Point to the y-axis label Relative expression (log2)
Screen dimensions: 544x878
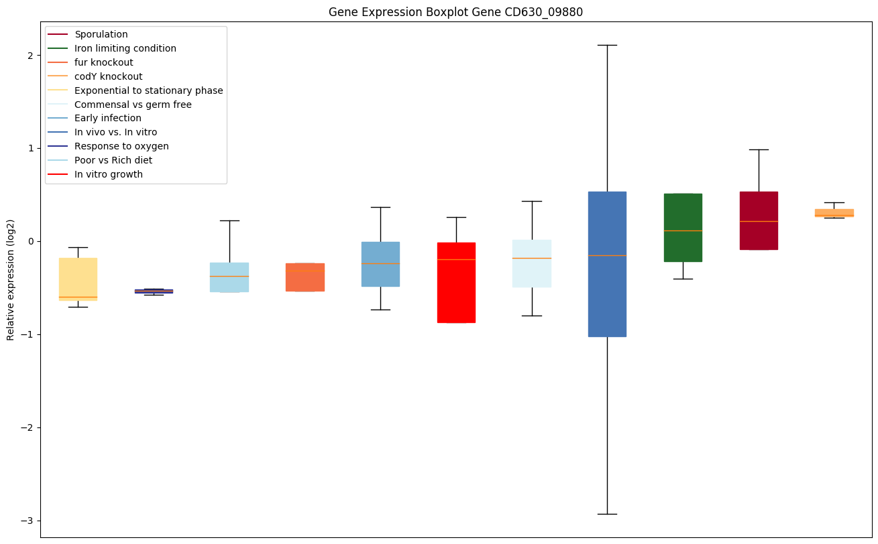(10, 279)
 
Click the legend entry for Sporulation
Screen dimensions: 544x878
(101, 34)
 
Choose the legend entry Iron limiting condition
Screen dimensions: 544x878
(125, 48)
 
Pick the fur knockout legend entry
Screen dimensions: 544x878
(104, 62)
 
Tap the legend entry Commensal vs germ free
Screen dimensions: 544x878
(133, 105)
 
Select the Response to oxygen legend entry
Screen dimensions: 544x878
(121, 146)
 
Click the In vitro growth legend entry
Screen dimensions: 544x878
(109, 174)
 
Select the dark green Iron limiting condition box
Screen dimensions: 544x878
(683, 228)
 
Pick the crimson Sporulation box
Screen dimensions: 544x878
(759, 220)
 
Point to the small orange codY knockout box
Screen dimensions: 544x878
(834, 212)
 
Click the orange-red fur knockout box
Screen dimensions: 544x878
(305, 277)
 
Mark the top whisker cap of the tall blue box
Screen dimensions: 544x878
(607, 45)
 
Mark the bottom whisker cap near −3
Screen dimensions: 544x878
(607, 514)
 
